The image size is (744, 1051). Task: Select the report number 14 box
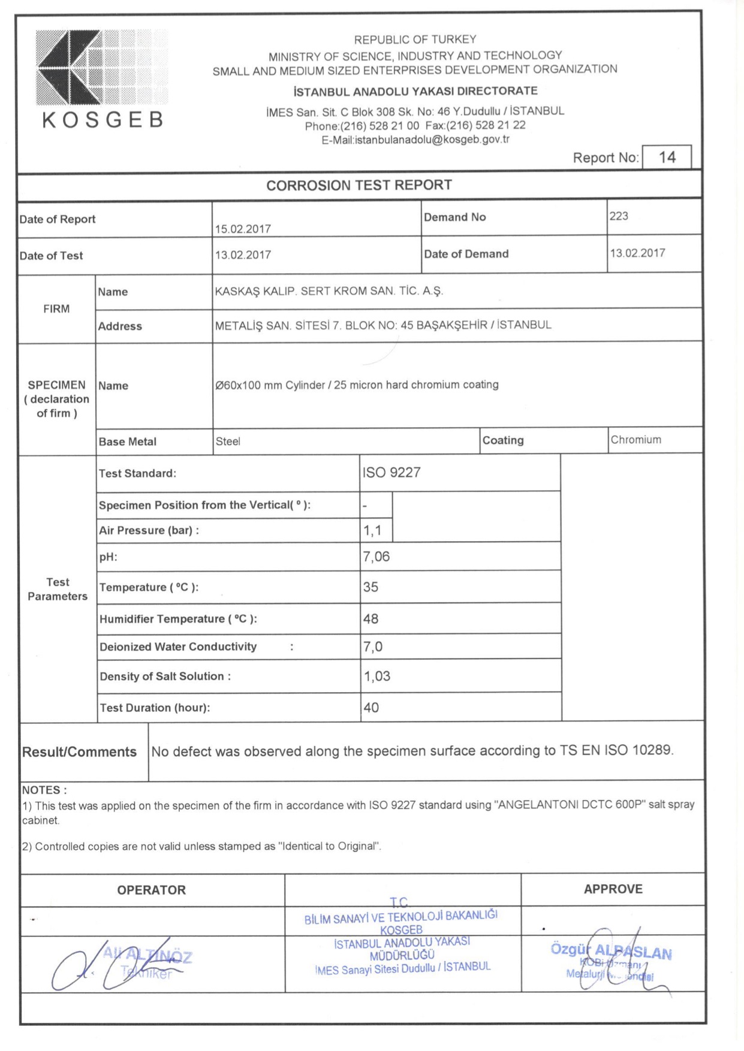(666, 158)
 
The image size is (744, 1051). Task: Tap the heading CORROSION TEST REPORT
(359, 185)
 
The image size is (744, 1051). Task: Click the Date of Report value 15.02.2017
(243, 229)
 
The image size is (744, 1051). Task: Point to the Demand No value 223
(619, 216)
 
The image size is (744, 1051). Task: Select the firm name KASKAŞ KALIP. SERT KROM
(329, 291)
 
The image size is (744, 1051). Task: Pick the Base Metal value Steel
(228, 442)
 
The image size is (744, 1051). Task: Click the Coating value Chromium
(635, 440)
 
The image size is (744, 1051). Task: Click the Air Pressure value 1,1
(372, 530)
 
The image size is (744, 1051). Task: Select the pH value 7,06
(376, 557)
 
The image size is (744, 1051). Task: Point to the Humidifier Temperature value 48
(371, 619)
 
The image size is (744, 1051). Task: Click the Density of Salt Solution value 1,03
(376, 676)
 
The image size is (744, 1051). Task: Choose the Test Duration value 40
(371, 708)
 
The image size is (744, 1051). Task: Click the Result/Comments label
(79, 752)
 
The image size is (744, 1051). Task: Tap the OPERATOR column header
(151, 890)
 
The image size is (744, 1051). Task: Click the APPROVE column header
(613, 889)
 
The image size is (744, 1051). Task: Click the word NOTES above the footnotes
(44, 790)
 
